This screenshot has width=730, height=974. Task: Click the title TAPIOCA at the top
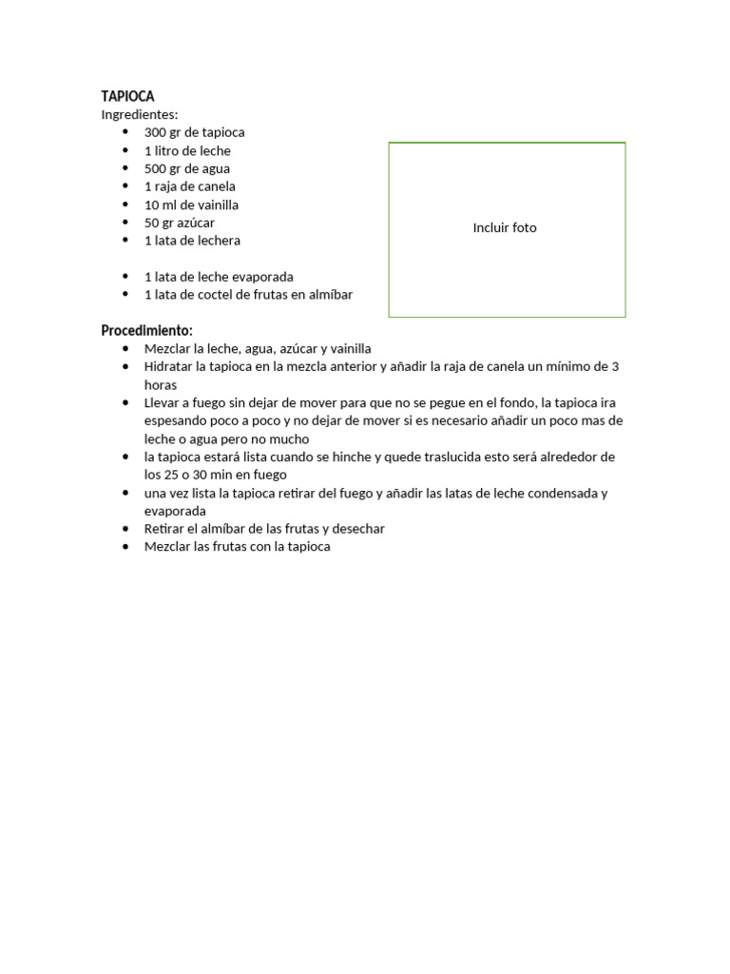(x=127, y=96)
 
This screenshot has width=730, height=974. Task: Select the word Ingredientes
(x=139, y=114)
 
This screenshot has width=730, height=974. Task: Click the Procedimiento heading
(x=146, y=331)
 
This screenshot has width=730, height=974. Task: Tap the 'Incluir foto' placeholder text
(x=505, y=228)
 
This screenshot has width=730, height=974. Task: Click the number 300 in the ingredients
(x=155, y=132)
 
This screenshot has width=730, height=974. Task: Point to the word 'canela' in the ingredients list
(x=217, y=186)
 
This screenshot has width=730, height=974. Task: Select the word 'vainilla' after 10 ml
(x=216, y=205)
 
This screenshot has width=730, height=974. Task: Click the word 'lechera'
(x=218, y=241)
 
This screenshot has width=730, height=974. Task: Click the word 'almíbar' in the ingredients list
(x=330, y=295)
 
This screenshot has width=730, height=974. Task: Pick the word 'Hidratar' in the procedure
(x=169, y=366)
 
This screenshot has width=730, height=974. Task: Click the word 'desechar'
(x=358, y=529)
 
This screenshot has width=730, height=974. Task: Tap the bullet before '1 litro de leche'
(x=125, y=150)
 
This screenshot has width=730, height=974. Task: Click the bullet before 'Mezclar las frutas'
(x=125, y=547)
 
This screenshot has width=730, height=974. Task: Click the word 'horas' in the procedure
(x=161, y=384)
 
